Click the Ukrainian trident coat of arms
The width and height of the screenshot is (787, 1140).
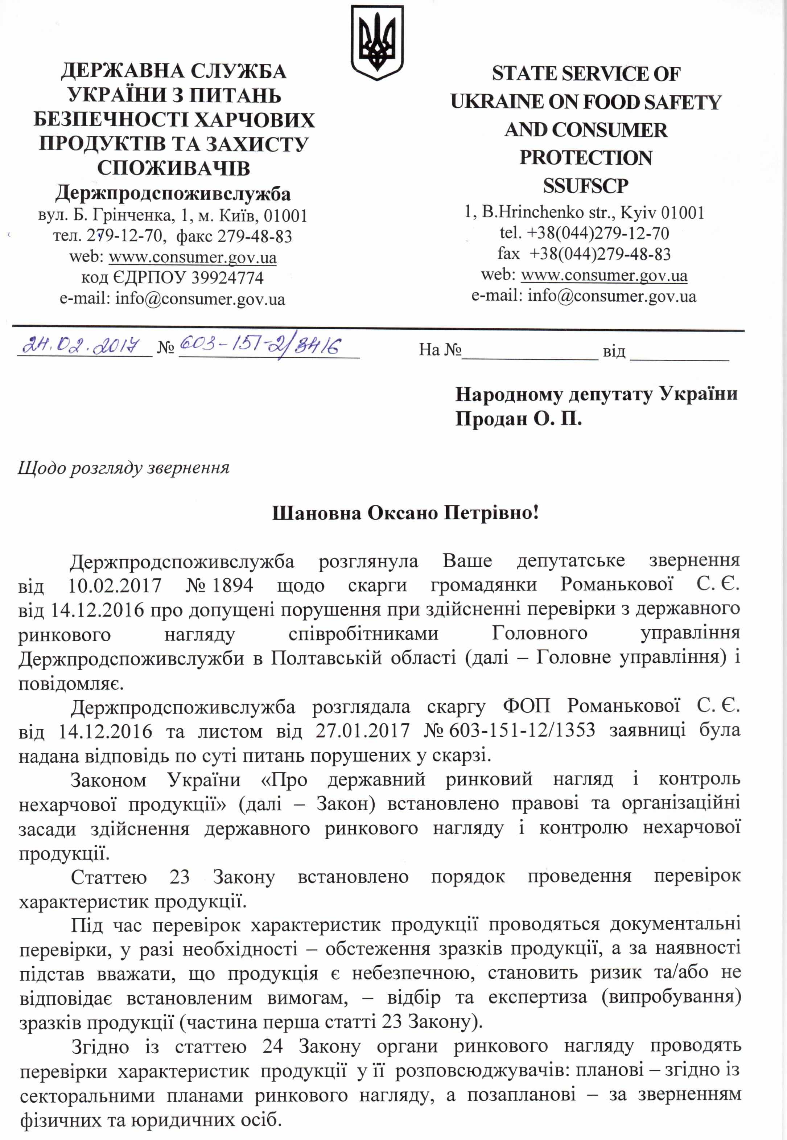click(377, 43)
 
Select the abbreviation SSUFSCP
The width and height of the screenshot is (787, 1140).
click(585, 186)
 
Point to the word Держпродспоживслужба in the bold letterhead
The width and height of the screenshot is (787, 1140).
click(173, 193)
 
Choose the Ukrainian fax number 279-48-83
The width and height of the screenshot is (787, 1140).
click(255, 236)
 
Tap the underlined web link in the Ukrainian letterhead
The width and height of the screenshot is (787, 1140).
click(192, 258)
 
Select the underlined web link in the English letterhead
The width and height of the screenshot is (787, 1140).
click(604, 275)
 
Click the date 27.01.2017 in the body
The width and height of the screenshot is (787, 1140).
click(362, 730)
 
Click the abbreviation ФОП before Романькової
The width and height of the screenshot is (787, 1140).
click(526, 706)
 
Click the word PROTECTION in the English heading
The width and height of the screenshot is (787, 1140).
click(585, 158)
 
